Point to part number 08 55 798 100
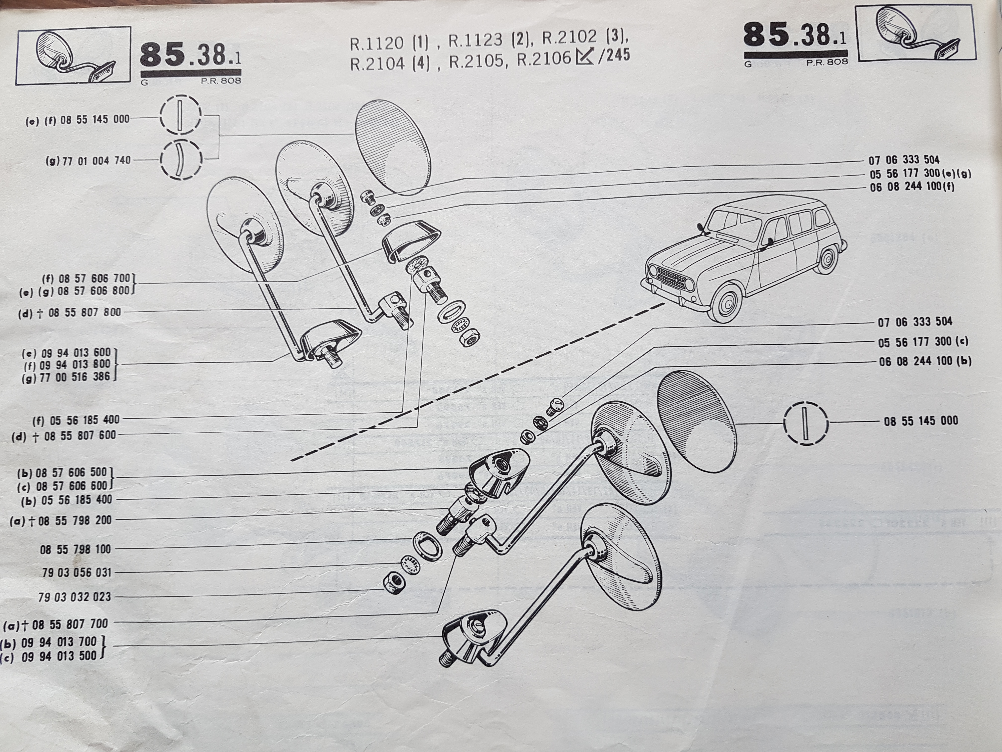75,549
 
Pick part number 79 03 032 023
75,597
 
